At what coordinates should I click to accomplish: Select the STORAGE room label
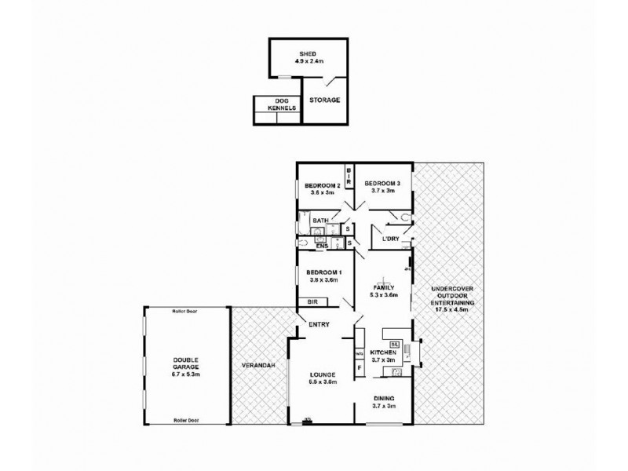[324, 100]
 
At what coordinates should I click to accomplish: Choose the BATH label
[320, 221]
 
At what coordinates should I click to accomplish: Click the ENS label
[321, 246]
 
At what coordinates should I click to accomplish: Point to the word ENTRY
[319, 324]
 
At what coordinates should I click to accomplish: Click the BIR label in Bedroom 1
[312, 301]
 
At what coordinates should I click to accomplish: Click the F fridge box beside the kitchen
[359, 367]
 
